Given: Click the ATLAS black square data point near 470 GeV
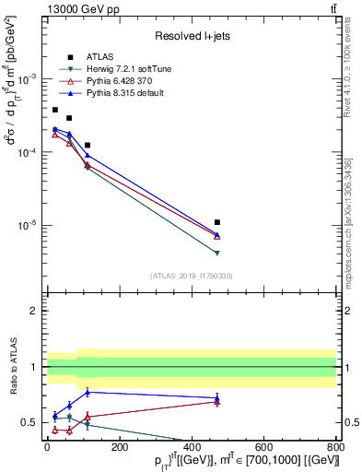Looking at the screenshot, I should click(216, 222).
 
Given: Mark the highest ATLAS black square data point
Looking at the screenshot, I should click(54, 110).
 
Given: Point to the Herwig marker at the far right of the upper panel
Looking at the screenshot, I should click(216, 253).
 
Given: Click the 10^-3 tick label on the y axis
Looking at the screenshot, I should click(30, 79).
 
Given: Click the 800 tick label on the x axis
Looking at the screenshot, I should click(336, 447).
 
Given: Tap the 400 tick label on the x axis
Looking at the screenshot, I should click(192, 447).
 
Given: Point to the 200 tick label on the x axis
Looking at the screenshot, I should click(119, 447).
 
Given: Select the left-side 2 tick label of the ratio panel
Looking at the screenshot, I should click(35, 312).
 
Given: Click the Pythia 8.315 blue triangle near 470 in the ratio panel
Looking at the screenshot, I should click(216, 398).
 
